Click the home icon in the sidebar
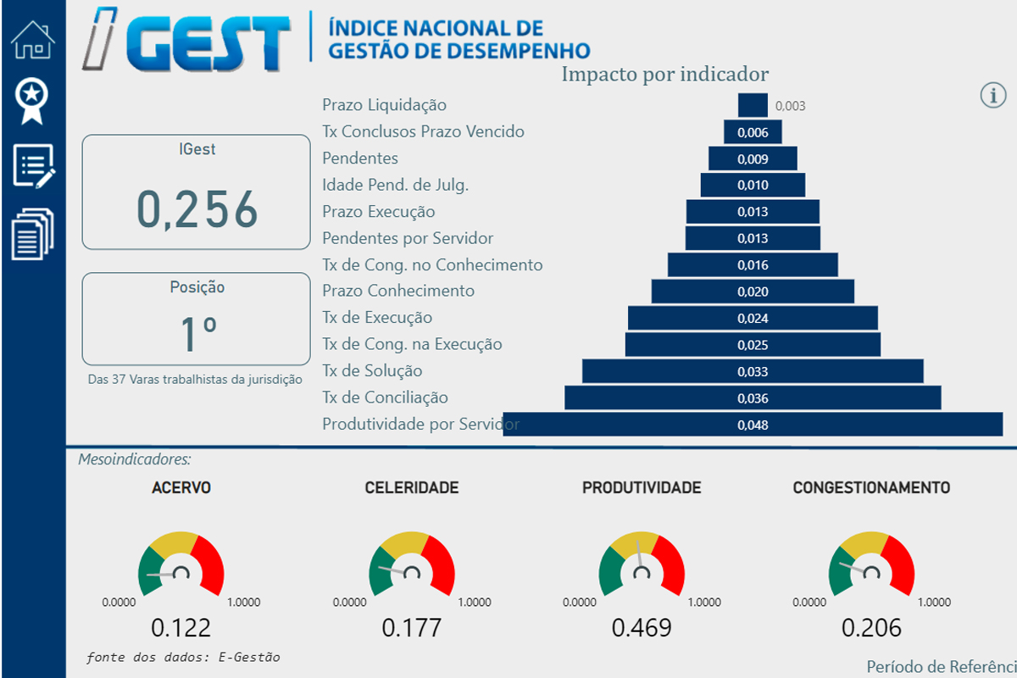pos(33,40)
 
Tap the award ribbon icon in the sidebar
pos(33,101)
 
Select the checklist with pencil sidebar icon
pos(33,165)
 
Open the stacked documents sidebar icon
pos(33,233)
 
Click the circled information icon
pos(992,95)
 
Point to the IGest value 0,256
pos(197,209)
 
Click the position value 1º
pos(197,333)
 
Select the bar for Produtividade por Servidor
pos(753,425)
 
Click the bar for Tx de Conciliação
pos(753,397)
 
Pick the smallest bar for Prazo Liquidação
pos(753,105)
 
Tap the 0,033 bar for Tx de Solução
pos(753,371)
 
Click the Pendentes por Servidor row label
pos(408,238)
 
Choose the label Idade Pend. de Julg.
pos(395,185)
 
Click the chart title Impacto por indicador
pos(665,74)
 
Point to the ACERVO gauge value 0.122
pos(181,628)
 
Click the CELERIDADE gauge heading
pos(412,487)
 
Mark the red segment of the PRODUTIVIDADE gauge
pos(670,564)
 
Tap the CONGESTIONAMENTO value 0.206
pos(871,628)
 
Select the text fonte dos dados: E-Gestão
pos(183,657)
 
